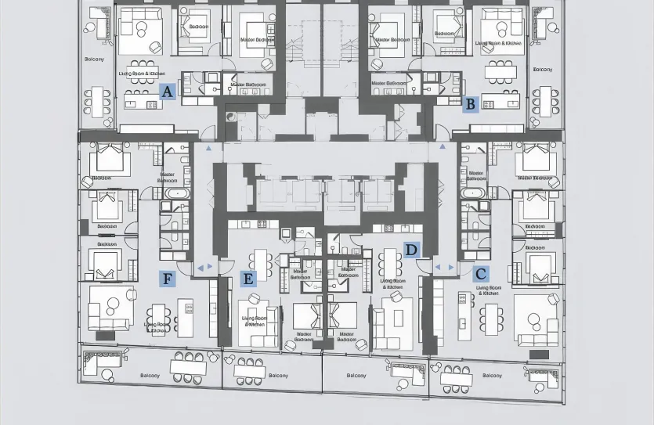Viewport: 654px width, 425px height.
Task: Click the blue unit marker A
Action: (167, 92)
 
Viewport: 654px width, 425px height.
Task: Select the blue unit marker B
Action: (470, 103)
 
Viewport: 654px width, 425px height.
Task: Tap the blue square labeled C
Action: (481, 274)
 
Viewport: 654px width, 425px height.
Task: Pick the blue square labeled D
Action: (412, 250)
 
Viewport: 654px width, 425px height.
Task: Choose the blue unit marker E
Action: (248, 278)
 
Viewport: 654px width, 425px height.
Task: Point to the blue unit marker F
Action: (167, 278)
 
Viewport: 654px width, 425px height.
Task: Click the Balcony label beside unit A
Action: (94, 59)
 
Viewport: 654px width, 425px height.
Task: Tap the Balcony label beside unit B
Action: (543, 70)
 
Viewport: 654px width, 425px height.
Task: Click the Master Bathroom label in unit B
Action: (388, 83)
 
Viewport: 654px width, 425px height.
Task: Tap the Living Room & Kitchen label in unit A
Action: (142, 74)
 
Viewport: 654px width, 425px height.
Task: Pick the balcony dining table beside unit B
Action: (543, 103)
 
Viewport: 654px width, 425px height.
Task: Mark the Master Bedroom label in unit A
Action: (257, 39)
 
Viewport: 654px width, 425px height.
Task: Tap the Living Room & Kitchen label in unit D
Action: (392, 283)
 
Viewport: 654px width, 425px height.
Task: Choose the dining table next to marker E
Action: (262, 264)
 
